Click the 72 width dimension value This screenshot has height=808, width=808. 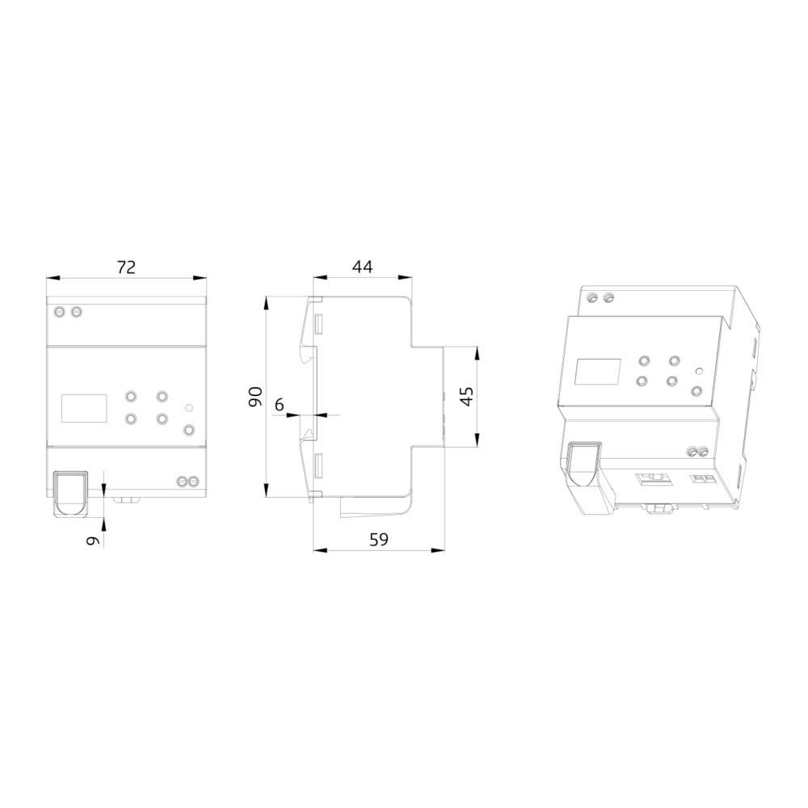[126, 267]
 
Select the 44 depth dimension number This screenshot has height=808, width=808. [362, 267]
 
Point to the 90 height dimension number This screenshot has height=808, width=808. [255, 397]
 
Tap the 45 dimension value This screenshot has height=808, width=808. [466, 396]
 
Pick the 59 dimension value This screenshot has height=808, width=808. [379, 540]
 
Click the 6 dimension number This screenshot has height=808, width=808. [279, 405]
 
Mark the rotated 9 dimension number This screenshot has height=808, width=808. [92, 541]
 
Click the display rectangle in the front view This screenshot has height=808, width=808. [84, 408]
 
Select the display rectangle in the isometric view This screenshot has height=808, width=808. [598, 372]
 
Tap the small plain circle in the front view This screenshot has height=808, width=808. [188, 408]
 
